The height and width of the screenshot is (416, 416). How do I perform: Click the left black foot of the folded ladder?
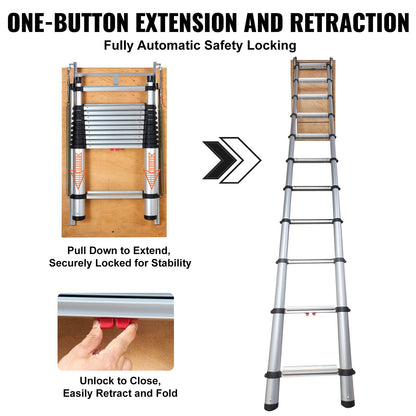(x=76, y=214)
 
